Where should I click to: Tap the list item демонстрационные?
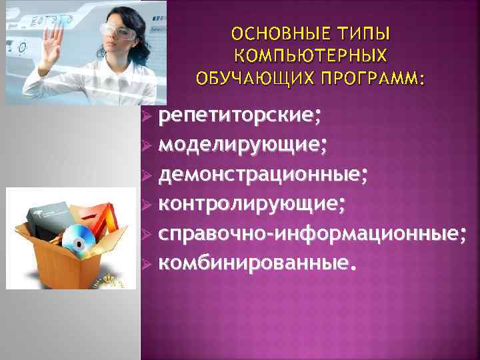pos(263,174)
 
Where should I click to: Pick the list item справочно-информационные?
pos(313,233)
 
